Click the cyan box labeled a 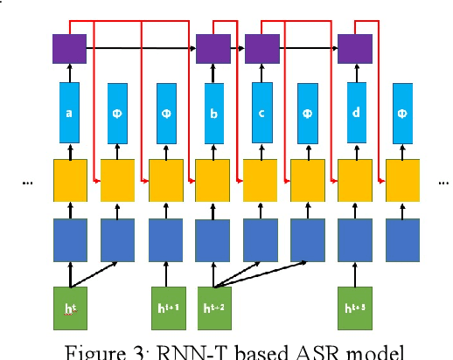69,113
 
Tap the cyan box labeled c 260,113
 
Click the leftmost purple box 68,49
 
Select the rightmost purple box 355,49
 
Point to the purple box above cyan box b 213,49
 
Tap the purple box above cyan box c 261,49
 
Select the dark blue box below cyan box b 213,236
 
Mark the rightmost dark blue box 402,236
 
